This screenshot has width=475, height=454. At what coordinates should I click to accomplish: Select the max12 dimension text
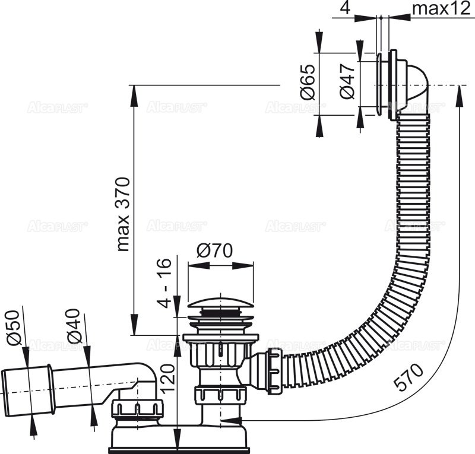click(436, 10)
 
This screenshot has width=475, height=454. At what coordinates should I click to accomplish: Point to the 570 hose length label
click(410, 378)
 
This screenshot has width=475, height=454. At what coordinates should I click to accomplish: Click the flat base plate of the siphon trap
click(178, 440)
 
